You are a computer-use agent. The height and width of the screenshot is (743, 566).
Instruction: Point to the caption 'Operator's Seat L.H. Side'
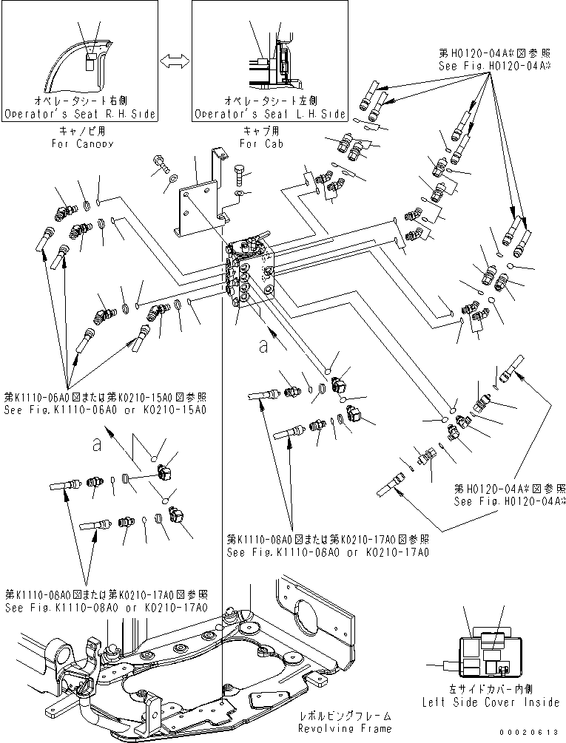tap(270, 115)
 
